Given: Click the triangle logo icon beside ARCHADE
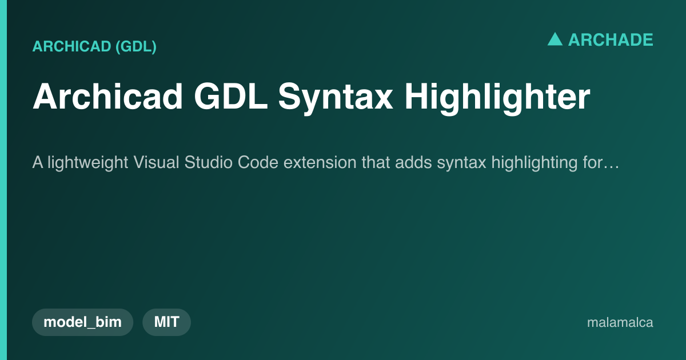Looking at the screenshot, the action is (x=555, y=39).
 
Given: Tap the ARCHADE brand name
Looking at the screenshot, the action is (x=611, y=40).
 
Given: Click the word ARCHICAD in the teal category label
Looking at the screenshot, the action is (x=71, y=46).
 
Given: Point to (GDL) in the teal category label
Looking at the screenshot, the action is (x=136, y=46).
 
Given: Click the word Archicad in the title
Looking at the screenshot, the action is (x=108, y=96).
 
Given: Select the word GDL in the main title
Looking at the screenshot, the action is (x=231, y=96).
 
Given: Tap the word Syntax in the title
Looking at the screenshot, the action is (x=336, y=98).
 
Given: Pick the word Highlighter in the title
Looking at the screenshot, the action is (x=497, y=98).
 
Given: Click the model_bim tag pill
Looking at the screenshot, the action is (x=83, y=322).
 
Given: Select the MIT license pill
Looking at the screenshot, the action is (x=166, y=322).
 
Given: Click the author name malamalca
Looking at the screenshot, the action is (x=620, y=322).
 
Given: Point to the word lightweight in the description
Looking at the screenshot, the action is (x=88, y=162).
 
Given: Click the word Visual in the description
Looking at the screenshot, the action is (x=156, y=162).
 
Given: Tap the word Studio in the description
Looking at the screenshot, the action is (x=208, y=162).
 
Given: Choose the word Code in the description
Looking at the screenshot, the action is (x=258, y=162).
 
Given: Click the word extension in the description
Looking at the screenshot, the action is (x=320, y=162).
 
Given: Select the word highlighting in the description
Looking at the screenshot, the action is (x=535, y=162).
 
